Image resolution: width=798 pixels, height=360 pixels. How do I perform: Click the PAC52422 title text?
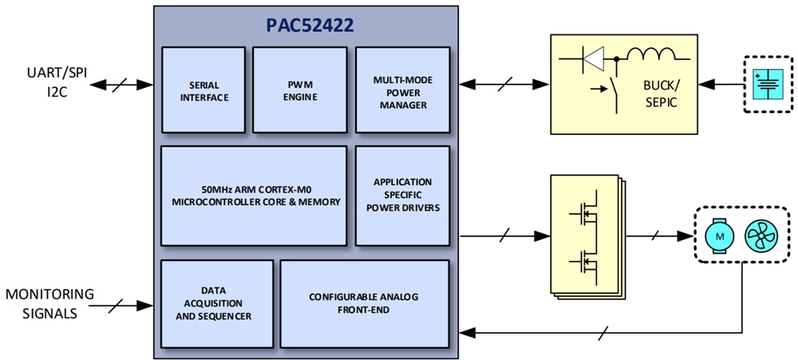click(310, 26)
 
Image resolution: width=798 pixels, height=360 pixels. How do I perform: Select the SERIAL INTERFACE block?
click(203, 89)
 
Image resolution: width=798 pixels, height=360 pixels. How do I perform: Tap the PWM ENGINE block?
click(299, 89)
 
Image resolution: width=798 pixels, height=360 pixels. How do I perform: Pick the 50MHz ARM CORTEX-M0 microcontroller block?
click(255, 195)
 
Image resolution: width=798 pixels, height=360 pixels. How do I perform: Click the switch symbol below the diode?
click(614, 89)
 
